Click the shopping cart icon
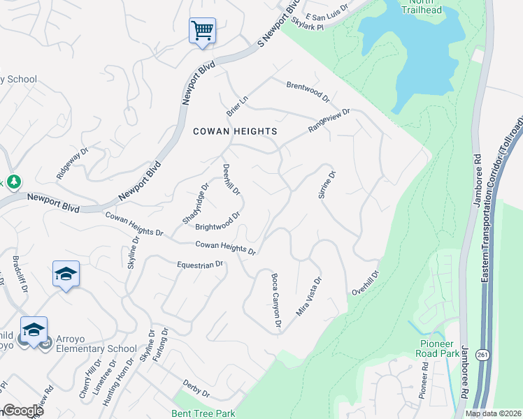[202, 31]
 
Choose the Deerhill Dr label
[231, 179]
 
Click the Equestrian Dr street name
[199, 265]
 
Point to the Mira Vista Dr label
[308, 297]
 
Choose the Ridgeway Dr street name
[73, 163]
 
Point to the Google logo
[22, 411]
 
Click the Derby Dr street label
[196, 388]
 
